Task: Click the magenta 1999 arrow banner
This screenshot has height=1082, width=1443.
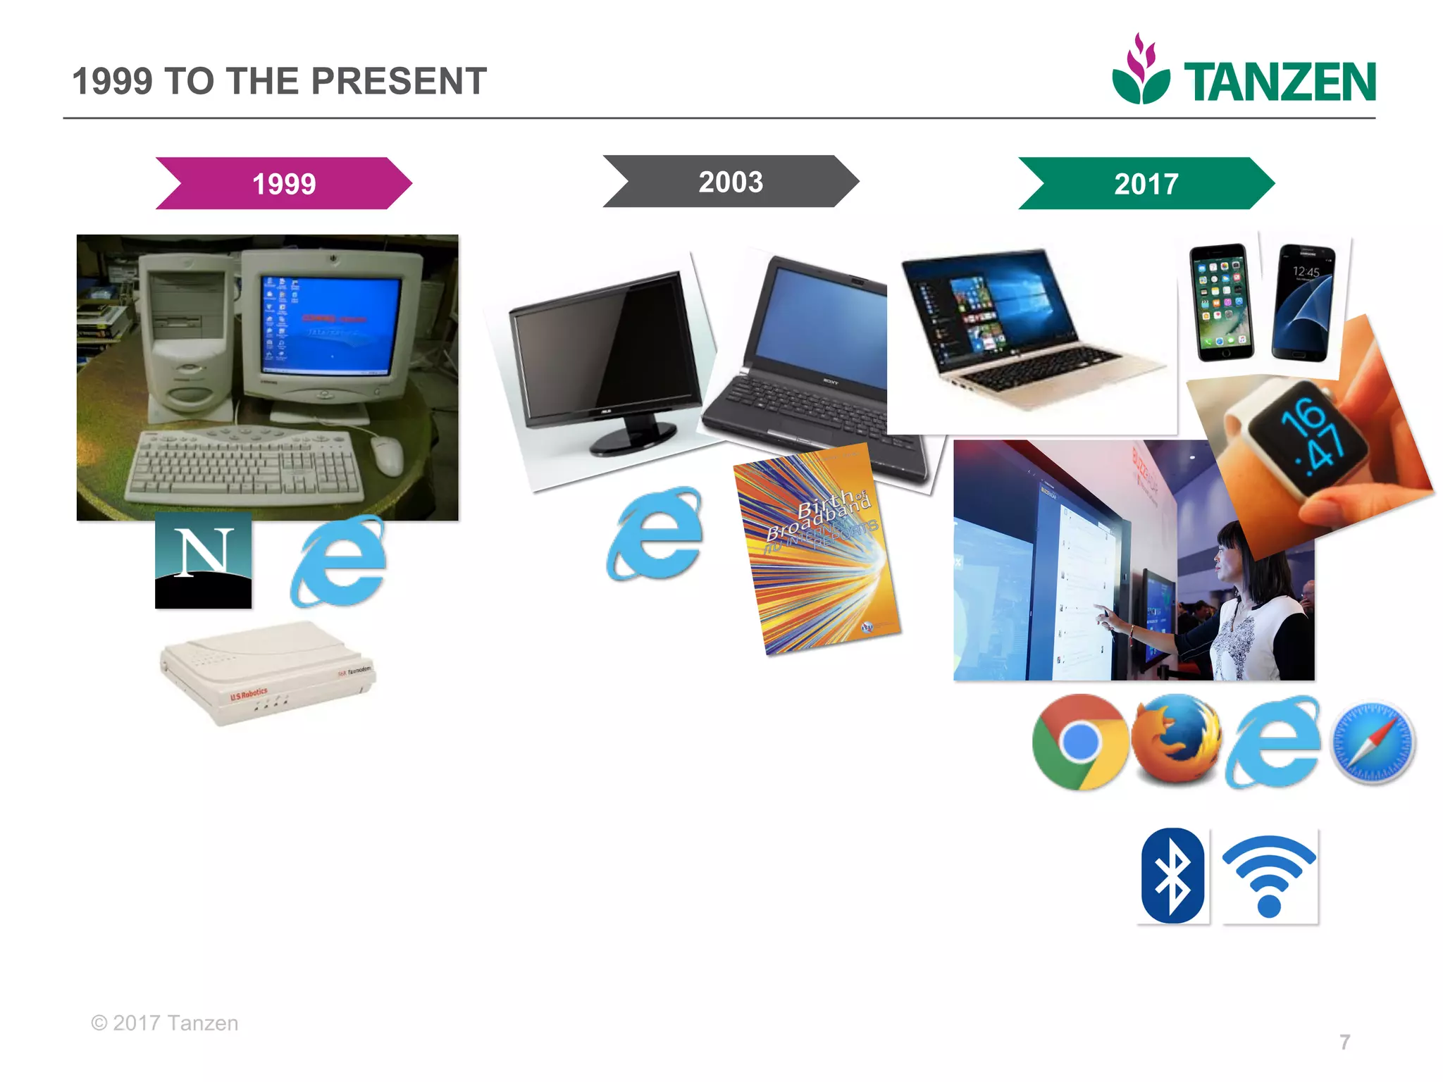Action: click(284, 184)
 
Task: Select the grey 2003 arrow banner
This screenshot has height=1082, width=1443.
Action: click(731, 182)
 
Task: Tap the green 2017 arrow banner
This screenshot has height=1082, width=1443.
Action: click(1146, 184)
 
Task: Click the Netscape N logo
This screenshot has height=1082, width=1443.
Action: click(203, 560)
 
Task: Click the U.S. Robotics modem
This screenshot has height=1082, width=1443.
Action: click(268, 673)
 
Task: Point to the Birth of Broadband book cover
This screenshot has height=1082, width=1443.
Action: click(817, 549)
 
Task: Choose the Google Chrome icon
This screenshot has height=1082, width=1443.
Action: click(1079, 742)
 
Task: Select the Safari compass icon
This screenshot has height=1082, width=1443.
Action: click(1372, 742)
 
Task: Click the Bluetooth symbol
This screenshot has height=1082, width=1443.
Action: click(1172, 876)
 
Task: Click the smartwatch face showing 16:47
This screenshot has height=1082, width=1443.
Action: click(1311, 437)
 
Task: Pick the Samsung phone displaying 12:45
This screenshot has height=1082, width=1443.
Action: click(1303, 303)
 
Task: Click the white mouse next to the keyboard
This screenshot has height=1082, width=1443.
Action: click(387, 454)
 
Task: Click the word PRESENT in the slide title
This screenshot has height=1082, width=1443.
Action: click(399, 81)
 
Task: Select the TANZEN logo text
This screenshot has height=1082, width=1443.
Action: click(1279, 83)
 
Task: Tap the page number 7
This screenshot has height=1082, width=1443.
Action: click(1344, 1042)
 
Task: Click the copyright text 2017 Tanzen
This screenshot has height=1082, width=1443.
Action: click(165, 1023)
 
